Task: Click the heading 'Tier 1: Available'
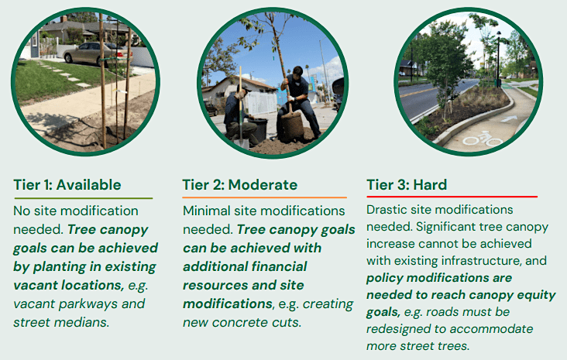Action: pyautogui.click(x=67, y=185)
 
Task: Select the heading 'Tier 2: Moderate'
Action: pyautogui.click(x=239, y=185)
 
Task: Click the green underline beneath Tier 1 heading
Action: pyautogui.click(x=83, y=198)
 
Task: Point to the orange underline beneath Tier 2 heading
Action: pyautogui.click(x=264, y=198)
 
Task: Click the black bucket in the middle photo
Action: pyautogui.click(x=256, y=129)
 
